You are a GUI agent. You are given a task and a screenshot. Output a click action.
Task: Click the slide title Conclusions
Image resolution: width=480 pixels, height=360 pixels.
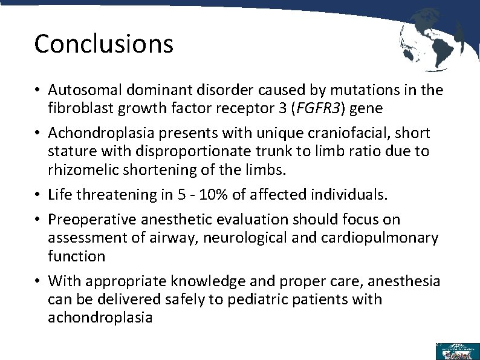(x=104, y=44)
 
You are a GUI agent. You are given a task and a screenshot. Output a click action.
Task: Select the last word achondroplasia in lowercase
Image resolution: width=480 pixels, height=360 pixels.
(x=100, y=318)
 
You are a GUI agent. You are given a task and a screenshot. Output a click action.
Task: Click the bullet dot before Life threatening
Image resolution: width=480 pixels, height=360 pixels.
(x=37, y=195)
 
